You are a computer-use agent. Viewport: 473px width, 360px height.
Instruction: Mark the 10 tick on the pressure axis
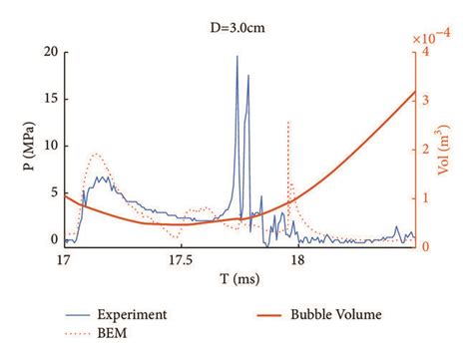49,146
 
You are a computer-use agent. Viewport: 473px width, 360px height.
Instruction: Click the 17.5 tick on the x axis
180,261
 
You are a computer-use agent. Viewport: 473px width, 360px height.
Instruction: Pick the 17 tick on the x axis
63,261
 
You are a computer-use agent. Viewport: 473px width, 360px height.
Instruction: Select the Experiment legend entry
132,314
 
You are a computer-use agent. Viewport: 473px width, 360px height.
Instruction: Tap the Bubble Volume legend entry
335,314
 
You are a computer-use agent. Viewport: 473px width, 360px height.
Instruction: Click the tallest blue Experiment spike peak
237,56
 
